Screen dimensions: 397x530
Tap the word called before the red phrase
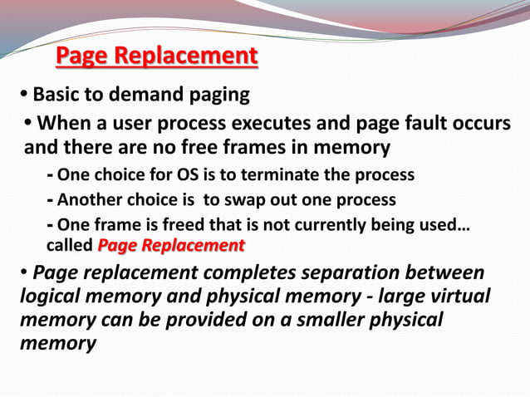(x=70, y=245)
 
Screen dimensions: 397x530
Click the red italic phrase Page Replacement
(x=171, y=245)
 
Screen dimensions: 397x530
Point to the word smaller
(x=341, y=320)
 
